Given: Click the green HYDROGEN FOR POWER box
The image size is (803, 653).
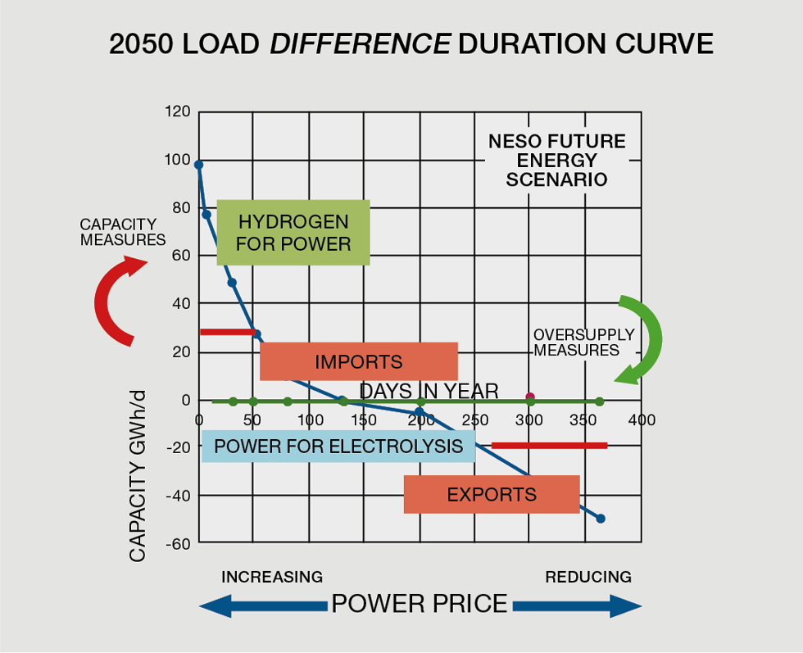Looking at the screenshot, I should [293, 233].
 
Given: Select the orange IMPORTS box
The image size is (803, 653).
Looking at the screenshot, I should [358, 361].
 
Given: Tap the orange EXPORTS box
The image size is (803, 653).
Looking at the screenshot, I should [492, 494].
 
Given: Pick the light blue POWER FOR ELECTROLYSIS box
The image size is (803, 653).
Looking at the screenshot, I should [338, 447].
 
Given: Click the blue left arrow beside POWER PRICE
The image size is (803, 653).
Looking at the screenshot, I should [262, 605].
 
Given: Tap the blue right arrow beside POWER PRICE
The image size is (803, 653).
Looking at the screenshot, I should [577, 605].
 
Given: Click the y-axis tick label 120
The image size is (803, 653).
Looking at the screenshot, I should [177, 111].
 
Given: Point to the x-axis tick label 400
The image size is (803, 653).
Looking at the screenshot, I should [642, 420].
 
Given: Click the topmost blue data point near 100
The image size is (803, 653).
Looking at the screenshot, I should [198, 165].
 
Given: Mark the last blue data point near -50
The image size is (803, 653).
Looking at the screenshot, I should [601, 519].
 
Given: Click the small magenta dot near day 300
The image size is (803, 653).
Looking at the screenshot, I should [530, 397].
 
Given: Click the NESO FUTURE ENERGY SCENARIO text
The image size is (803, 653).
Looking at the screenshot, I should [556, 160].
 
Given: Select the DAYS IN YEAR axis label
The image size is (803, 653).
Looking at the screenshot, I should [429, 392].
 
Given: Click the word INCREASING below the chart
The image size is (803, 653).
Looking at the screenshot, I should [272, 577].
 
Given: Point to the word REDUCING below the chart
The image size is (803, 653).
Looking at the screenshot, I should [588, 577].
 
